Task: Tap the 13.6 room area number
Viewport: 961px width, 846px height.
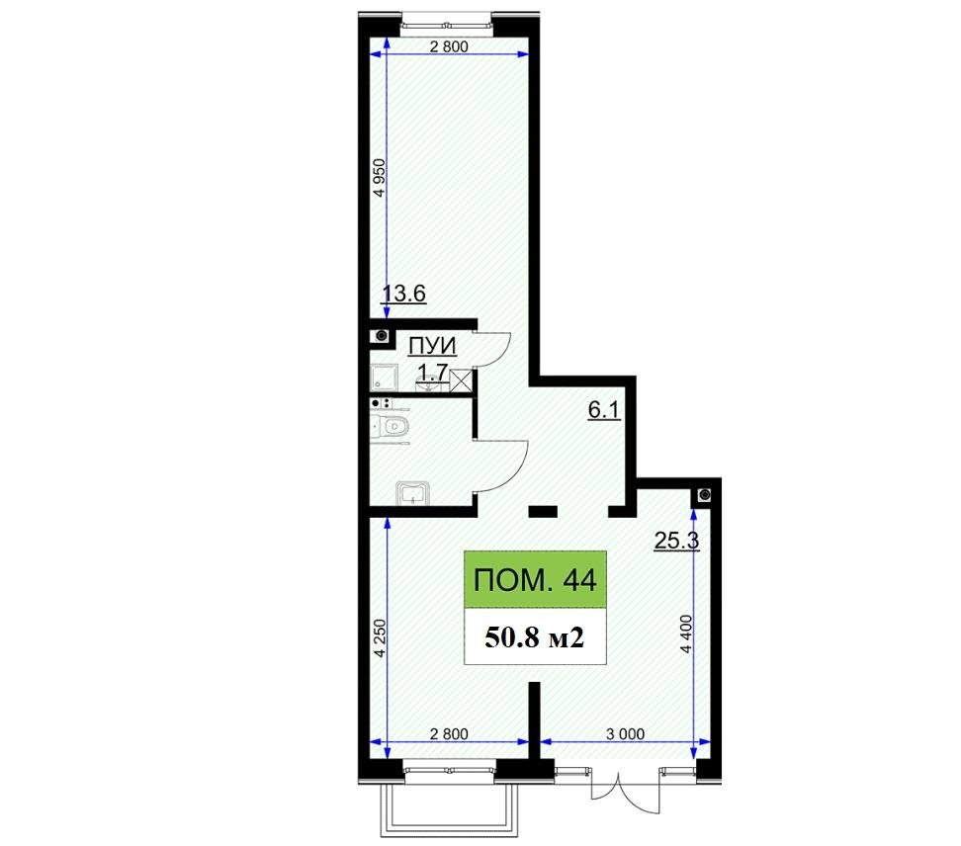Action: point(404,294)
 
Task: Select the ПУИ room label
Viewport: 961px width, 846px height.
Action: point(432,345)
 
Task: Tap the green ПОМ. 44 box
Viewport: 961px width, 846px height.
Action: point(535,580)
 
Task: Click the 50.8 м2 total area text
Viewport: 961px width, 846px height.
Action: point(534,637)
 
